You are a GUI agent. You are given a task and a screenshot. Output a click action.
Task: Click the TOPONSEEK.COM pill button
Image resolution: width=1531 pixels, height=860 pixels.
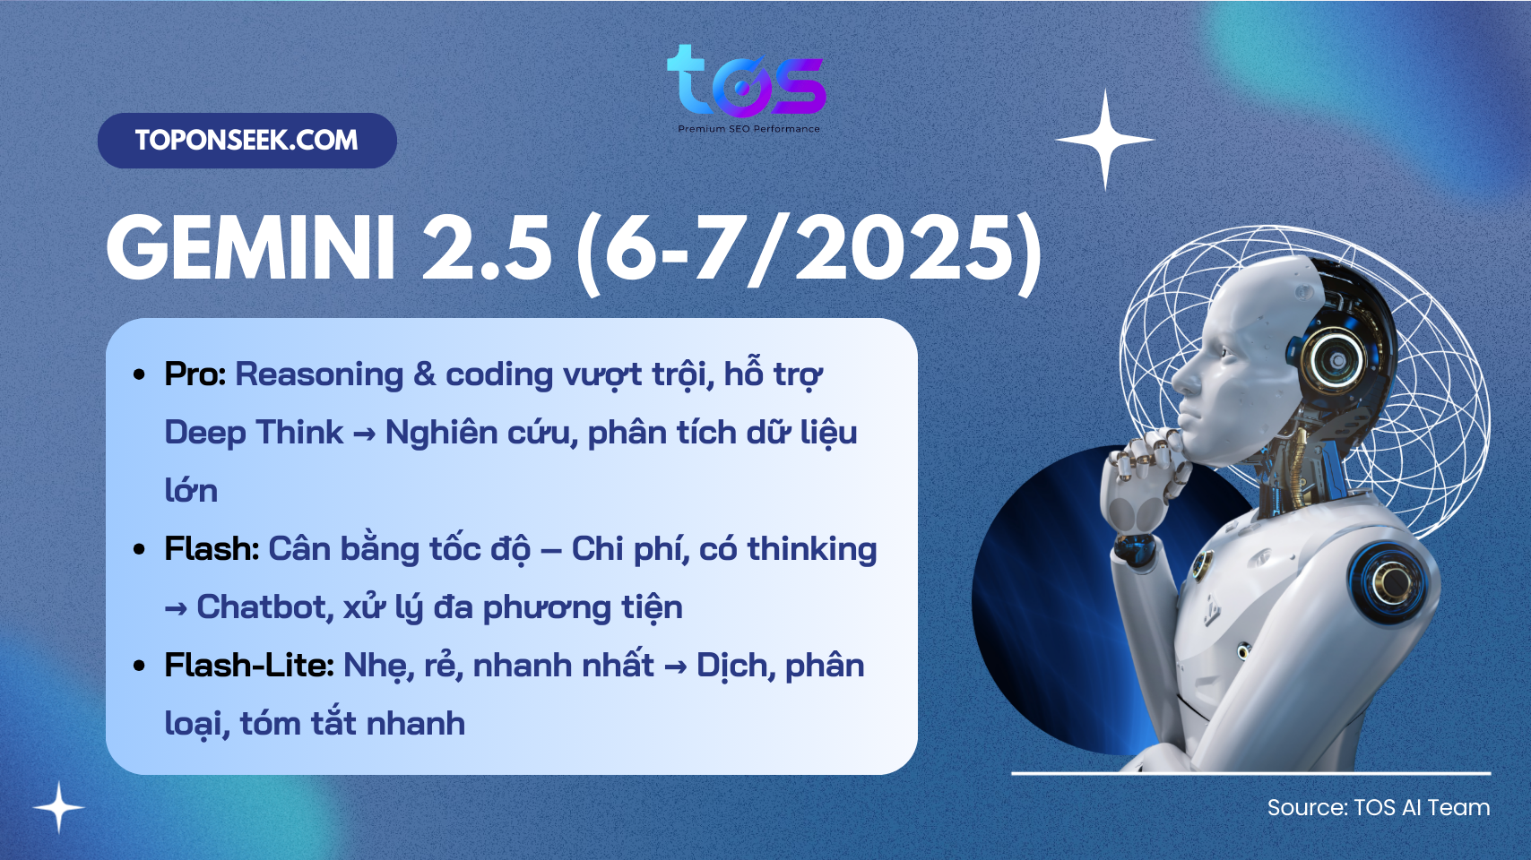(247, 140)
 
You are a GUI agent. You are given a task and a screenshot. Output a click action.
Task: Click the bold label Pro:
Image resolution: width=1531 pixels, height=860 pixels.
(195, 374)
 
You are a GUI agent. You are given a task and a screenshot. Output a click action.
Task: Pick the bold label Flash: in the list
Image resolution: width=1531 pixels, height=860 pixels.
(212, 548)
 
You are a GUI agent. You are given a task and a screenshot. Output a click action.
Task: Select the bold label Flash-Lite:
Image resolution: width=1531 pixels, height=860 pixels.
(249, 665)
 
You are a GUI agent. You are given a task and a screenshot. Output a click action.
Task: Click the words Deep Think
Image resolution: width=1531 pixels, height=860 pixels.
(254, 433)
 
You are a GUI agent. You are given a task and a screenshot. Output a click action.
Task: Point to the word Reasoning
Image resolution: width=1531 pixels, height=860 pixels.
(319, 375)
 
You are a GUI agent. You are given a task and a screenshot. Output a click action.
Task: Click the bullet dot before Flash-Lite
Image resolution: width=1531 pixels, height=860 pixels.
(140, 666)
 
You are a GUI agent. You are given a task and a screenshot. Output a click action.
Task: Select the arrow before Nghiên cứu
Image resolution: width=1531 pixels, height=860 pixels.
(364, 434)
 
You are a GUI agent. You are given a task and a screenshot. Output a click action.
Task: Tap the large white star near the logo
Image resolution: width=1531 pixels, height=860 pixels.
(1105, 140)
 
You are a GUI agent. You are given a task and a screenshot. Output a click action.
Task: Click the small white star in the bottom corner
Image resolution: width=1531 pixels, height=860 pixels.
(59, 807)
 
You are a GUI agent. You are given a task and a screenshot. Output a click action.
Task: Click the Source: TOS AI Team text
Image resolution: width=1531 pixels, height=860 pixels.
(1379, 807)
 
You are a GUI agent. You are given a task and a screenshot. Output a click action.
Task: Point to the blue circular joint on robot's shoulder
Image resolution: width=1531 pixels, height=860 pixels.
(1388, 582)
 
